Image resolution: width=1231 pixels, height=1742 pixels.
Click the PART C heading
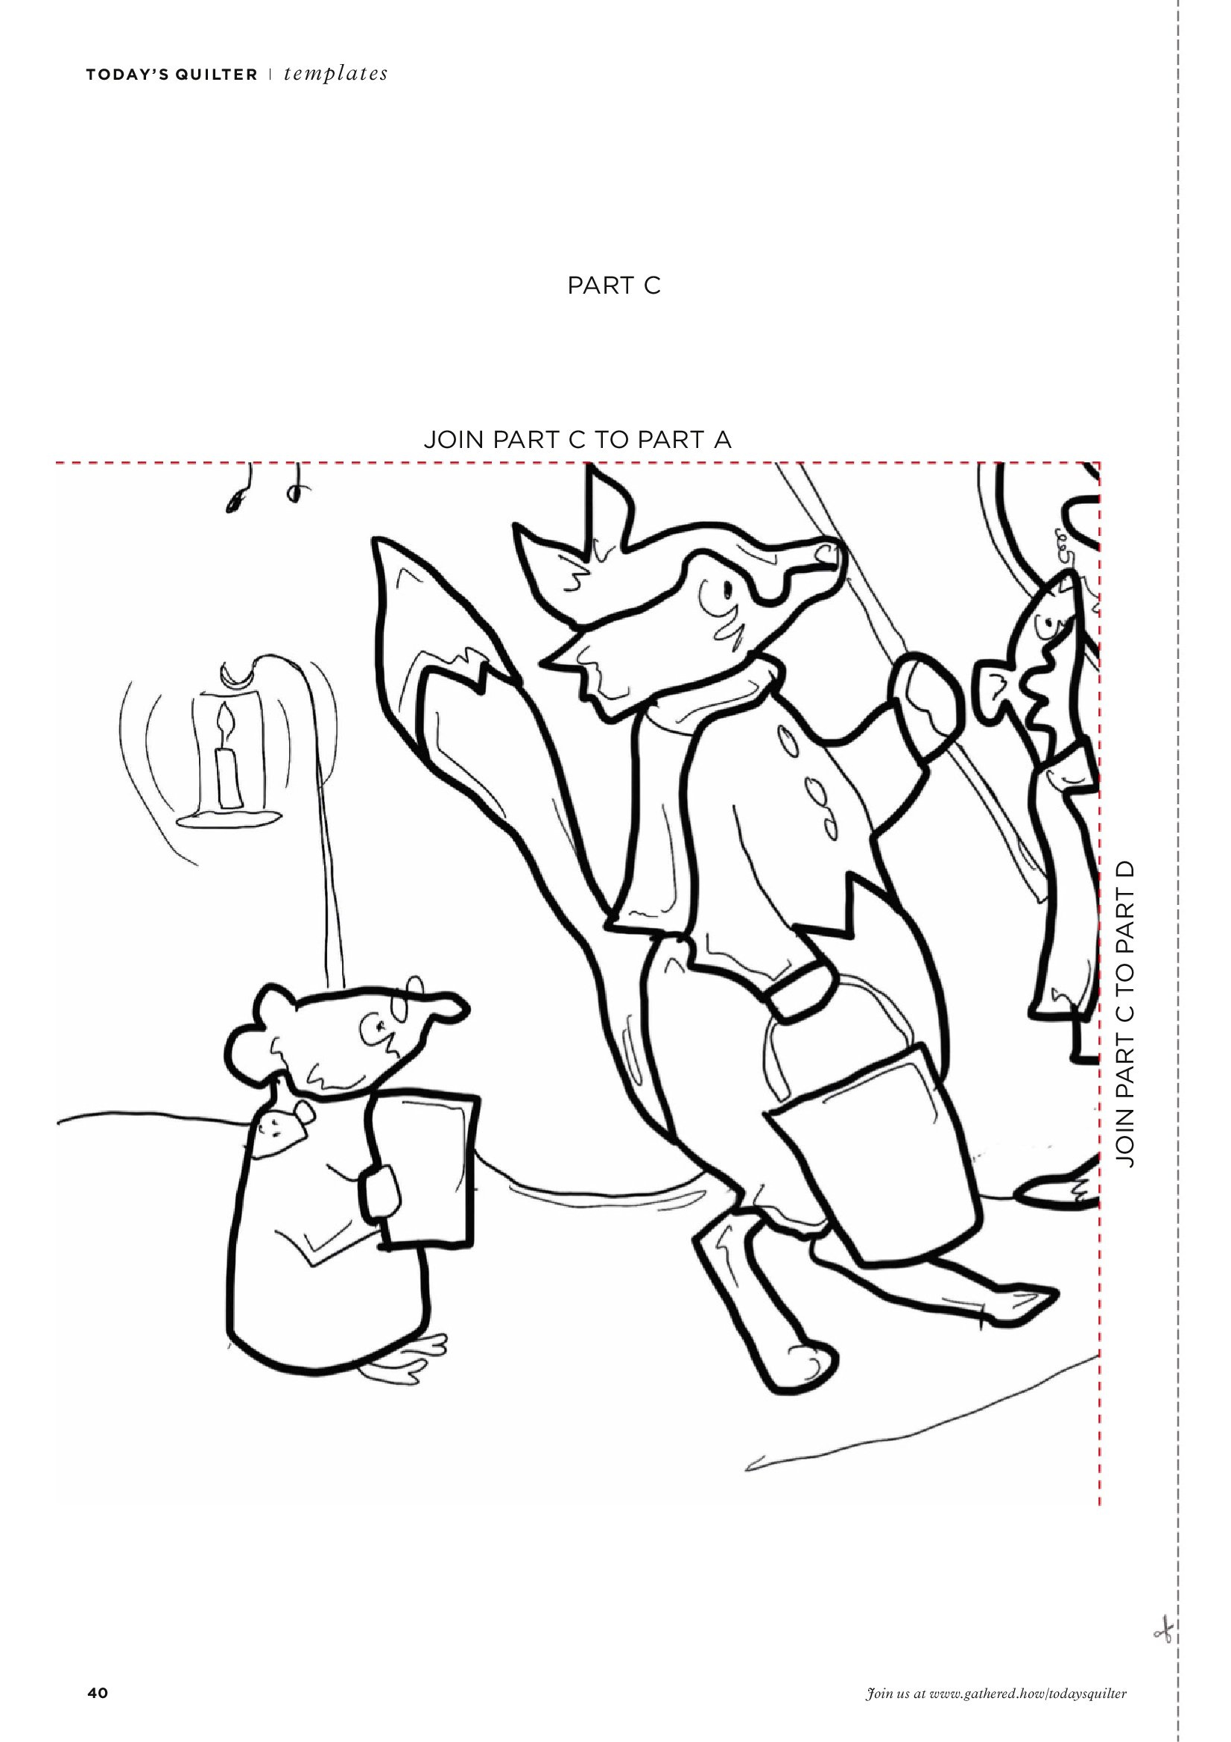click(614, 286)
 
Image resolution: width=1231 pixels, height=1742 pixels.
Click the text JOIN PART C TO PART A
click(577, 440)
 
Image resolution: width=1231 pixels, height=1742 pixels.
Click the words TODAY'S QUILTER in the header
click(171, 75)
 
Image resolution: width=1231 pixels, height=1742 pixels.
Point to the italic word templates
click(336, 74)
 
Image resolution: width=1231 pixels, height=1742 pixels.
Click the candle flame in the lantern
click(224, 718)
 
